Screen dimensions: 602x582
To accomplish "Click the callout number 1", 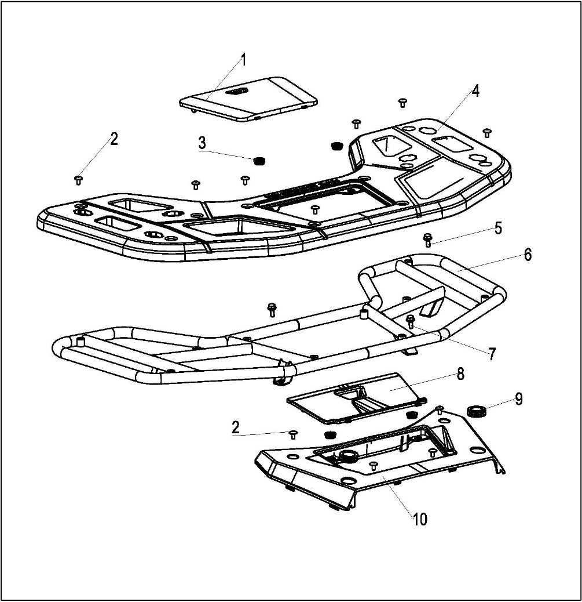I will pos(243,59).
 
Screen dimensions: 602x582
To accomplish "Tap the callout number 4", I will pos(475,91).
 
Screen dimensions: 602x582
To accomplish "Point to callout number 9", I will pos(518,398).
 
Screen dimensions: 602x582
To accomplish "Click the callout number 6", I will pos(528,255).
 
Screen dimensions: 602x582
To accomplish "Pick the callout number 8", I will pos(460,373).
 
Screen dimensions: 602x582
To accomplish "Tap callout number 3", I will pos(202,143).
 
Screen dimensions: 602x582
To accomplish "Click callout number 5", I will pos(497,227).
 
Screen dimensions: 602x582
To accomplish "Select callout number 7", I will pos(492,354).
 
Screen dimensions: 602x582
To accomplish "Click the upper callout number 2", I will pos(114,139).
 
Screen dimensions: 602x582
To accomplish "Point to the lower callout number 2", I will pos(236,427).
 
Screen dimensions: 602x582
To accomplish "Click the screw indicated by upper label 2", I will pos(78,179).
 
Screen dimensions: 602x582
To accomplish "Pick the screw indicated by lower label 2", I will pos(293,434).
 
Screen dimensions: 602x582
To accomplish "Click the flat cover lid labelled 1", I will pos(249,97).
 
